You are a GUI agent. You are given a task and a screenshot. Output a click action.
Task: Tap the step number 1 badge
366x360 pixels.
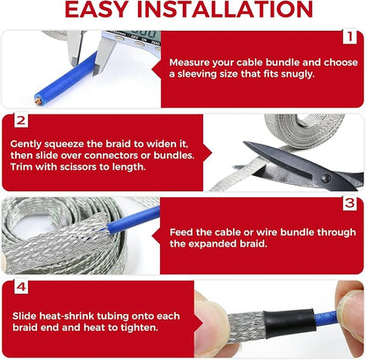pos(349,37)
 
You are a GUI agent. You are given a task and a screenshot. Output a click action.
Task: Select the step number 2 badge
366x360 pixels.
pos(21,121)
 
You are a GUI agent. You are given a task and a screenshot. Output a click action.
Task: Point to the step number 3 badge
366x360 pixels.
pos(349,203)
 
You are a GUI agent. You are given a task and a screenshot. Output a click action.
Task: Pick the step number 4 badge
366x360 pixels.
pos(21,287)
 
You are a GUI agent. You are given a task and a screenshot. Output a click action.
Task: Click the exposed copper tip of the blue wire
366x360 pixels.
pos(39,101)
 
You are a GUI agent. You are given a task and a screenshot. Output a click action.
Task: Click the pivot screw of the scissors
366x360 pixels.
pos(326,178)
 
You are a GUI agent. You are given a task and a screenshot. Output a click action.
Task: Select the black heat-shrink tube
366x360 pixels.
pos(289,323)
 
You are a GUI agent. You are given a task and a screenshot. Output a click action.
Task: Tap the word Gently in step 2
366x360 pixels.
pos(26,144)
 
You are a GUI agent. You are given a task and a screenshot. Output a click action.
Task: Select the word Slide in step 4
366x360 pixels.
pos(25,316)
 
